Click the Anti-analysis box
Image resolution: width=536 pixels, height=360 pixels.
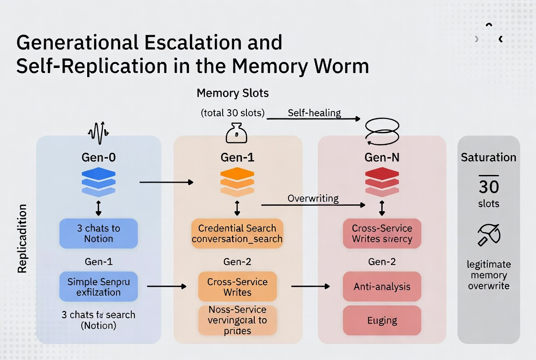tap(382, 287)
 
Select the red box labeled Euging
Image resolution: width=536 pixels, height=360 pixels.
tap(382, 320)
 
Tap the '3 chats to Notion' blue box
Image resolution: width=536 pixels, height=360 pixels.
tap(98, 233)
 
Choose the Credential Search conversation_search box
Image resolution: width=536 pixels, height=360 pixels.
tap(237, 233)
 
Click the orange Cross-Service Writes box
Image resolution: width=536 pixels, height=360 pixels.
tap(237, 287)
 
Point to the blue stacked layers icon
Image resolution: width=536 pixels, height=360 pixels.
tap(98, 182)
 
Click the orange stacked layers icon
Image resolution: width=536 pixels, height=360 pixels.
tap(237, 182)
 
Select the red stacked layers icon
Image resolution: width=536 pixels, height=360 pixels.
tap(382, 182)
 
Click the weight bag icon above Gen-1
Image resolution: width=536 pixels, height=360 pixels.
tap(237, 134)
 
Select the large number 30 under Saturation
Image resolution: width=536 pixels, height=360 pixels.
tap(488, 186)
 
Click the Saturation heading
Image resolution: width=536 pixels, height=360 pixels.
tap(488, 157)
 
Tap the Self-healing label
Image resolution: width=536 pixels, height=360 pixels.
tap(314, 113)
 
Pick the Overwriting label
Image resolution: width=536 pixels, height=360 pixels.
tap(313, 198)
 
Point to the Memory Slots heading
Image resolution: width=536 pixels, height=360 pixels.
tap(233, 93)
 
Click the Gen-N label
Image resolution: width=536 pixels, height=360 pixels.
tap(382, 157)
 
